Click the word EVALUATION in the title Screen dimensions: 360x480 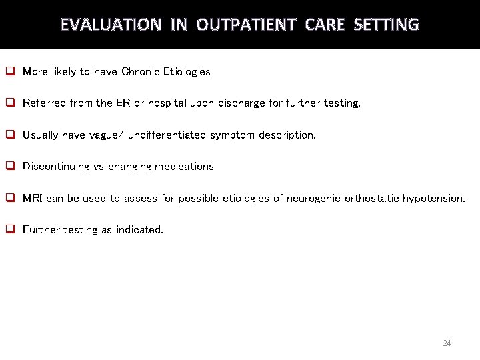(111, 25)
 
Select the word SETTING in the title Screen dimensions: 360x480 (386, 25)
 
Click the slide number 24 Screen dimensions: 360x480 (447, 343)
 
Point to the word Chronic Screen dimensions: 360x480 (141, 72)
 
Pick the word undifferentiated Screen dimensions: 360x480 (167, 135)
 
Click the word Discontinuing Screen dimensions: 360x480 (55, 167)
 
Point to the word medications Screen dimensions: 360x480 (184, 167)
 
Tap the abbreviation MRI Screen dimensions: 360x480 (33, 199)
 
